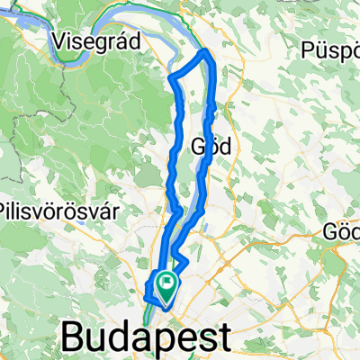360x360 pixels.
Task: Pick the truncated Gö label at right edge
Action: click(x=342, y=231)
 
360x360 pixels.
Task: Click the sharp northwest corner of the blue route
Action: click(x=170, y=78)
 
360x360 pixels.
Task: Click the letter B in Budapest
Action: click(x=74, y=339)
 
